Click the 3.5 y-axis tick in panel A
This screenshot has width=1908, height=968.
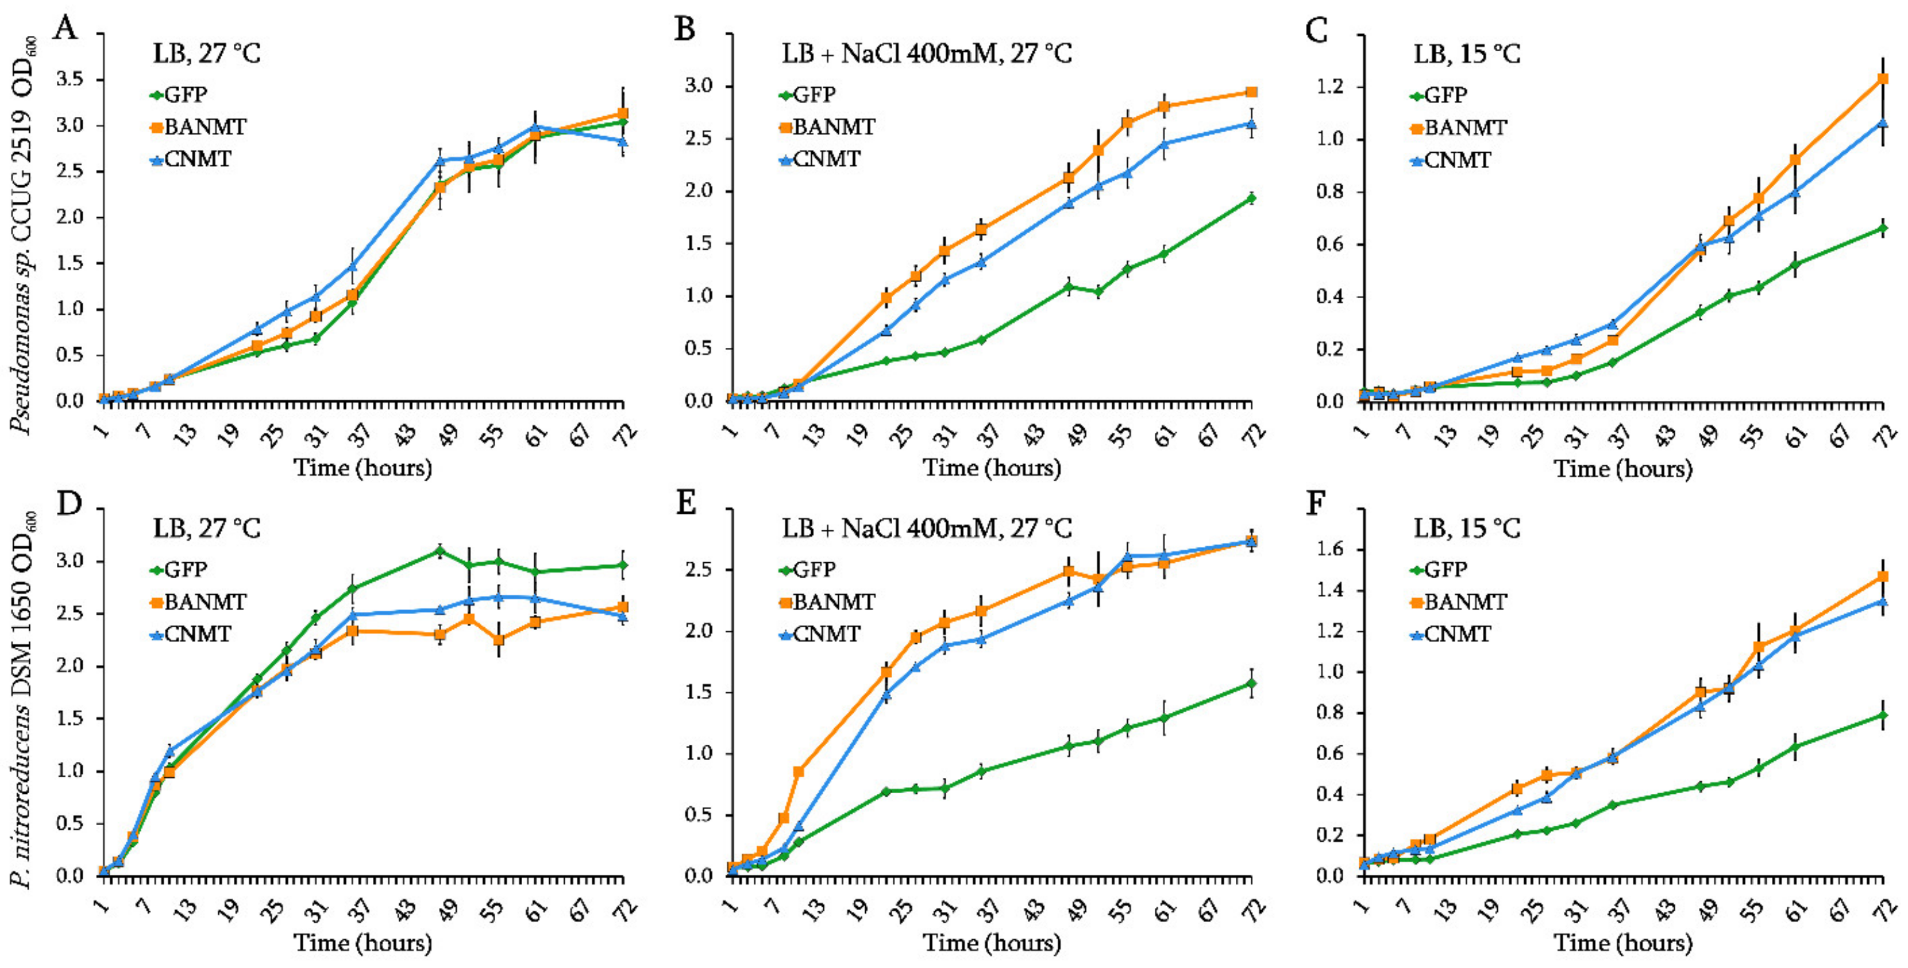76,80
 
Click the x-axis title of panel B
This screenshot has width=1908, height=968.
992,468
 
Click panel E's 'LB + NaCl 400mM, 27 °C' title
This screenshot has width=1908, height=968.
926,528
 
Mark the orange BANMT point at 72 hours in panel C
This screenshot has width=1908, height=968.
1883,78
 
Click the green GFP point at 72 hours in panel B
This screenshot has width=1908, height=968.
1251,198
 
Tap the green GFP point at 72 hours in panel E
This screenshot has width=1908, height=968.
1251,684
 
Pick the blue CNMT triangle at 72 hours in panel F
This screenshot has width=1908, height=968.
1883,601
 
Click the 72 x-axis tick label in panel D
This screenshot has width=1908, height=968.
626,910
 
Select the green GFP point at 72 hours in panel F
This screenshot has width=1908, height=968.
1883,716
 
